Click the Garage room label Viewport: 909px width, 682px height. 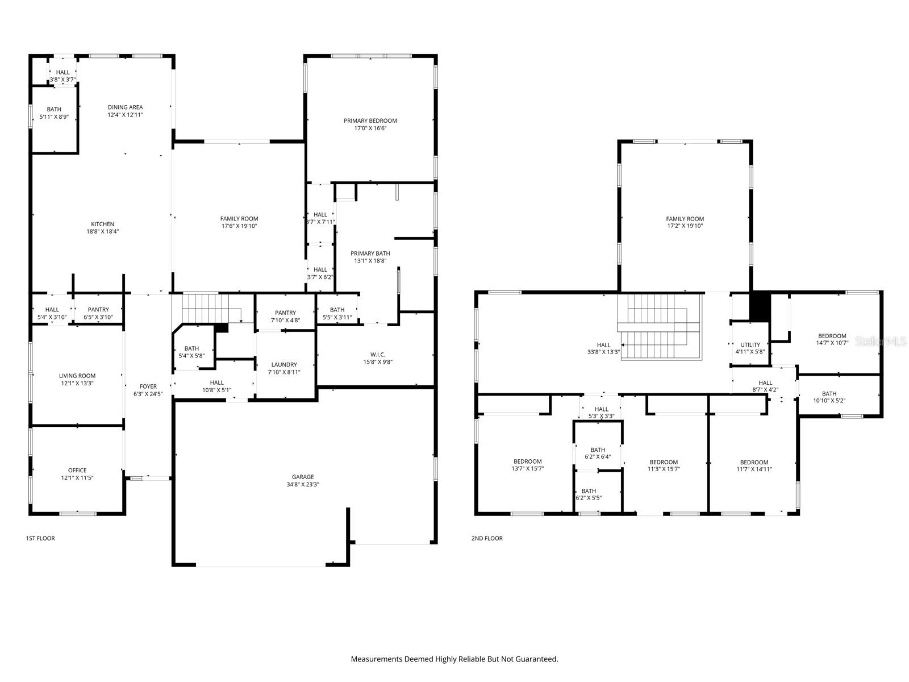pyautogui.click(x=303, y=477)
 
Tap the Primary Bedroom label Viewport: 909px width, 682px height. pyautogui.click(x=370, y=120)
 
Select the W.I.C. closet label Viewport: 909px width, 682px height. pyautogui.click(x=378, y=355)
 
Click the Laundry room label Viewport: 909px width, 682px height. pyautogui.click(x=284, y=365)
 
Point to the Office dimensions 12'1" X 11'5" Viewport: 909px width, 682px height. pyautogui.click(x=77, y=478)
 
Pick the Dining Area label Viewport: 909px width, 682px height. pyautogui.click(x=126, y=107)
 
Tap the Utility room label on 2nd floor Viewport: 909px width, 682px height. pyautogui.click(x=750, y=344)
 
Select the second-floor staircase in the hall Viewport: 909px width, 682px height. pyautogui.click(x=659, y=327)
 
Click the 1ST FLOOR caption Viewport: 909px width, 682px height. pyautogui.click(x=40, y=538)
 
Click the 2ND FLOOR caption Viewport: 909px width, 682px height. pyautogui.click(x=487, y=538)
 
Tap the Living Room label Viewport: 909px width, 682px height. pyautogui.click(x=77, y=376)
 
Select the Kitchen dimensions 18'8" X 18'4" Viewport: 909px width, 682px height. pyautogui.click(x=103, y=231)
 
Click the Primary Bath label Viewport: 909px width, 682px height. pyautogui.click(x=370, y=253)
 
